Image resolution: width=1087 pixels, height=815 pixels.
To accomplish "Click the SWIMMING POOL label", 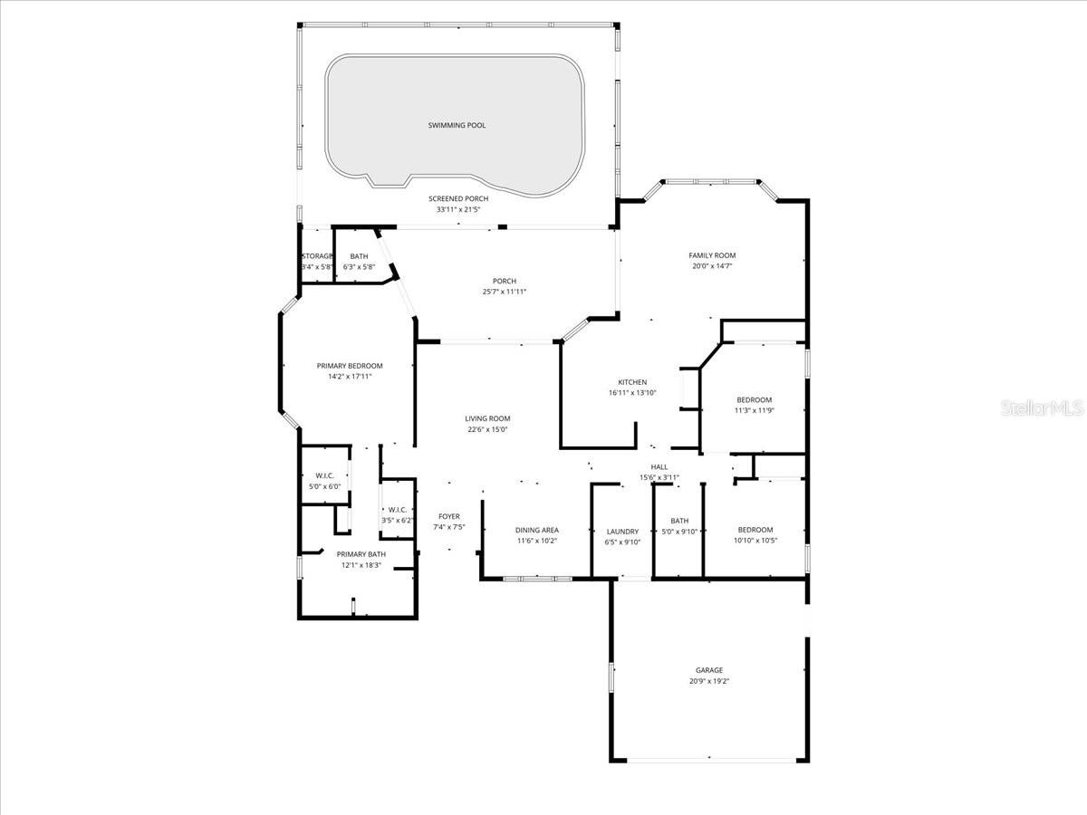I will pyautogui.click(x=457, y=125).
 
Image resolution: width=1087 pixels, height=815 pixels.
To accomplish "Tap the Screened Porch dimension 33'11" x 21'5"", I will pyautogui.click(x=457, y=209).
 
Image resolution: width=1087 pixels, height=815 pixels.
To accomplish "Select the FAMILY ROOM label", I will pyautogui.click(x=712, y=255).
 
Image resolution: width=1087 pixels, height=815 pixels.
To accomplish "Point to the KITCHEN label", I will pyautogui.click(x=632, y=382).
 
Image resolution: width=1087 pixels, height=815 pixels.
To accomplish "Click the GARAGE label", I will pyautogui.click(x=709, y=670).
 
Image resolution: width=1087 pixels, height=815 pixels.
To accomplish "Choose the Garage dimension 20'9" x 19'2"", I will pyautogui.click(x=709, y=681).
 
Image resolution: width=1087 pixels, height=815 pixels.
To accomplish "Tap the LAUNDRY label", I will pyautogui.click(x=621, y=532).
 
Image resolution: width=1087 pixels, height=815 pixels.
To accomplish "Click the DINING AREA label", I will pyautogui.click(x=537, y=530).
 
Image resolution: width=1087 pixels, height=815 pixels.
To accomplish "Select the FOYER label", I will pyautogui.click(x=449, y=516).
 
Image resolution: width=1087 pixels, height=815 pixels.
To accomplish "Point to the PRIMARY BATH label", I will pyautogui.click(x=361, y=554).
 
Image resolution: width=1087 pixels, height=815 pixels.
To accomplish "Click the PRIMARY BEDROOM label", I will pyautogui.click(x=350, y=366).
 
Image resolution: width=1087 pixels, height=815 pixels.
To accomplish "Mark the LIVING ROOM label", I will pyautogui.click(x=488, y=418).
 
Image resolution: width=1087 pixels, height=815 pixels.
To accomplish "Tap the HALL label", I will pyautogui.click(x=659, y=467).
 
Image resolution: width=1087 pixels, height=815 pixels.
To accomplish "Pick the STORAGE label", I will pyautogui.click(x=318, y=256).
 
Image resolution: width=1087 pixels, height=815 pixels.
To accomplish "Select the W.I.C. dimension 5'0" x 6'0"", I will pyautogui.click(x=325, y=486).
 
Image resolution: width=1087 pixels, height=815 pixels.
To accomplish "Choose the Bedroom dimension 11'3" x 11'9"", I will pyautogui.click(x=754, y=410).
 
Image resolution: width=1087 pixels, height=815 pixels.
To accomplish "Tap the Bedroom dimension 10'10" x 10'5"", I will pyautogui.click(x=755, y=541).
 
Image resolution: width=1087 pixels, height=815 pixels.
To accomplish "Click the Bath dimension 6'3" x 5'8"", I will pyautogui.click(x=359, y=267).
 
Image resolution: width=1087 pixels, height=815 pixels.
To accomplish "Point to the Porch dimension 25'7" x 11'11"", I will pyautogui.click(x=505, y=292).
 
